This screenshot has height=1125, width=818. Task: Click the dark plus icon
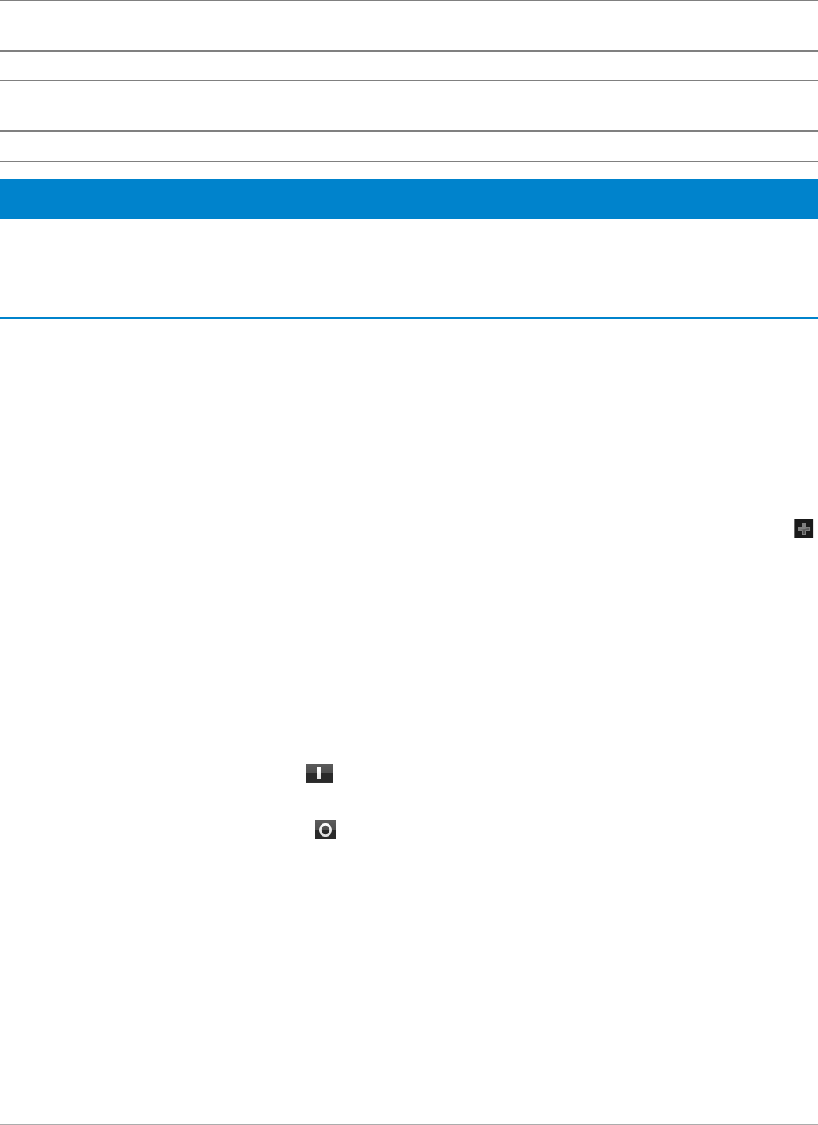[803, 528]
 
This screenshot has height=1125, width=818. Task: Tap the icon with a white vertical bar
[320, 774]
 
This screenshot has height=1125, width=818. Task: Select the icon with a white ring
[325, 831]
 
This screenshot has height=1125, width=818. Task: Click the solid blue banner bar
[409, 198]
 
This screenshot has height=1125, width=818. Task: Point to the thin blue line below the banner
[409, 318]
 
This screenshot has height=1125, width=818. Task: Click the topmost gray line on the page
[409, 1]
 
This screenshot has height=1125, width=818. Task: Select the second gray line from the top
[409, 51]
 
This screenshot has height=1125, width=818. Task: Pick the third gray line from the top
[409, 80]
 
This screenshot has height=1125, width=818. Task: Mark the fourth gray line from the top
[409, 131]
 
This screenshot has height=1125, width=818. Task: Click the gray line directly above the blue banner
[409, 161]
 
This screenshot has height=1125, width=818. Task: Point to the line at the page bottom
[409, 1123]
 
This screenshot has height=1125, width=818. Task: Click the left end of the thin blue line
[4, 318]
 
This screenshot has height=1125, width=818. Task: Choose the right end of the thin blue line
[814, 318]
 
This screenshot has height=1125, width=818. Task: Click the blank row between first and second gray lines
[409, 26]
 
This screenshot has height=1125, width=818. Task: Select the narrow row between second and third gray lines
[409, 66]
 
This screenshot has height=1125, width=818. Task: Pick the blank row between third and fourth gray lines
[409, 106]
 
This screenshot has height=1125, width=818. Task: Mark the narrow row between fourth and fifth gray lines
[409, 146]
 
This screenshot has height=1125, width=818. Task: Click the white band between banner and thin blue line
[409, 267]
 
